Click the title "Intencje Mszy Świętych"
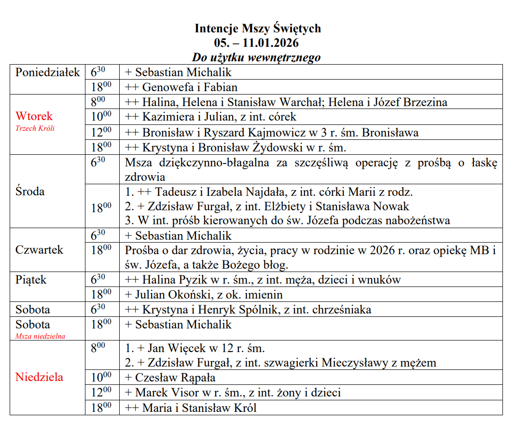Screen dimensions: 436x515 (x=257, y=28)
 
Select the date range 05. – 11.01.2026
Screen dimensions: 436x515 (x=257, y=43)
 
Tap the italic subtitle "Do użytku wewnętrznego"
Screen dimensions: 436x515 (x=256, y=57)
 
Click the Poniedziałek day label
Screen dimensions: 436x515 (x=48, y=72)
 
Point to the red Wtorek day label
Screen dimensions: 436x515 (x=34, y=116)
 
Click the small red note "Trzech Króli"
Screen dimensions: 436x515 (x=35, y=128)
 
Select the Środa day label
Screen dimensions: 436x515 (x=30, y=191)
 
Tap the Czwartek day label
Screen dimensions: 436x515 (x=39, y=250)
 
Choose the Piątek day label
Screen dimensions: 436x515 (x=31, y=280)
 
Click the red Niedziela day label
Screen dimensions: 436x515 (x=39, y=377)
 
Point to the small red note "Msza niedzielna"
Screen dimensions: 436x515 (x=40, y=336)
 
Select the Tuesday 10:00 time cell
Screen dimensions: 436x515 (x=101, y=116)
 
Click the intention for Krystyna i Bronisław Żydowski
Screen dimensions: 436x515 (x=236, y=147)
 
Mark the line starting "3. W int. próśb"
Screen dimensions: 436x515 (x=287, y=221)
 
